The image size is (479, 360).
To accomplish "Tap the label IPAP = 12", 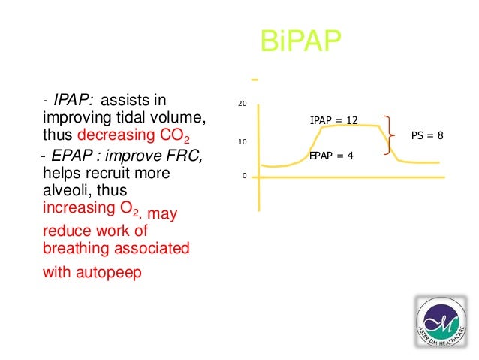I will point(333,120).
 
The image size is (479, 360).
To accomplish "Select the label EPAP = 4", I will point(331,156).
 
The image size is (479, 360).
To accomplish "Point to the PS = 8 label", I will point(427,136).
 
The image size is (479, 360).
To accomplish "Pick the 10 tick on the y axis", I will point(241,141).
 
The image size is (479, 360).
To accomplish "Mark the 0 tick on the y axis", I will point(243,177).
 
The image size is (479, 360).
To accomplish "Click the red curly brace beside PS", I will point(390,136).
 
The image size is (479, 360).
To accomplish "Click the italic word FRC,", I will point(184,156).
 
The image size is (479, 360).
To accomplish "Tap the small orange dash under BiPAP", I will point(255,79).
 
